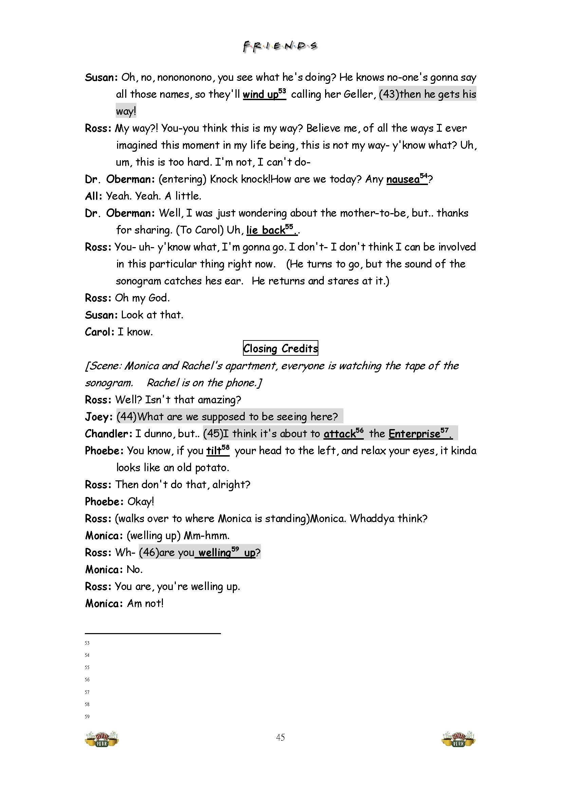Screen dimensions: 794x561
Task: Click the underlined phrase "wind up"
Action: coord(260,94)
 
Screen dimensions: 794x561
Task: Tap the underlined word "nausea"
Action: coord(403,180)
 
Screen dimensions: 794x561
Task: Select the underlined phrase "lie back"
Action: coord(266,230)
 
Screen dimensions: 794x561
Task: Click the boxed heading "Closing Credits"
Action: coord(280,348)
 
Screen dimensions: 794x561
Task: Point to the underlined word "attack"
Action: coord(339,433)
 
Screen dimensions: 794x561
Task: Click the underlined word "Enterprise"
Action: coord(414,433)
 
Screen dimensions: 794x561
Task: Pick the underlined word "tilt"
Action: coord(214,451)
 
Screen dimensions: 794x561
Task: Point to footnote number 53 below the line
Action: coord(87,643)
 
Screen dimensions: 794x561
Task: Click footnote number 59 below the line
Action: coord(87,717)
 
